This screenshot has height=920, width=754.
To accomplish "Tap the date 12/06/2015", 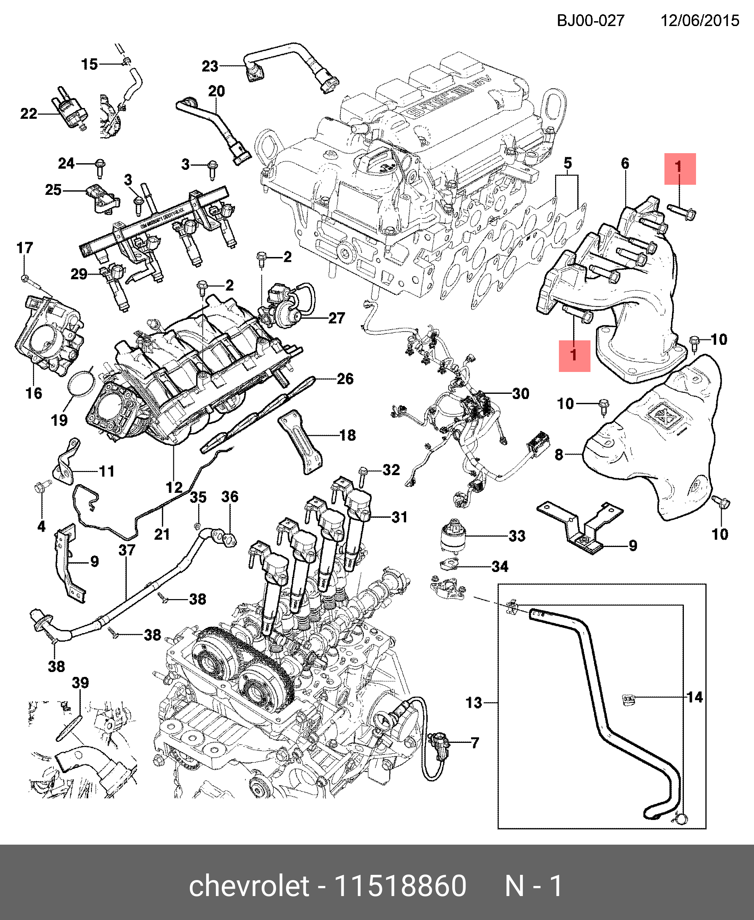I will pos(700,20).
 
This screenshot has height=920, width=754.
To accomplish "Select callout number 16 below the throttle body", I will pos(34,393).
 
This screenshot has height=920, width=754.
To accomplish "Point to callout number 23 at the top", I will pos(210,66).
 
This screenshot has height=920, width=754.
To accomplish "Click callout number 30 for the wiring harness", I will pos(520,394).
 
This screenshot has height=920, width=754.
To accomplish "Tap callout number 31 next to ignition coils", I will pos(399,517).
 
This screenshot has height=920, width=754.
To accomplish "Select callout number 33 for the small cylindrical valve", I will pos(517,536).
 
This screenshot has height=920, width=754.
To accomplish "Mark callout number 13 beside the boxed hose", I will pos(474,703).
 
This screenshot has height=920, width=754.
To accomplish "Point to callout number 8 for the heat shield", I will pos(559,455).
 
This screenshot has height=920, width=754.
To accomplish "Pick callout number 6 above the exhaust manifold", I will pos(625,163).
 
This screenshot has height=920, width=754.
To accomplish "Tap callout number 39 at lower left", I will pos(80,682).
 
